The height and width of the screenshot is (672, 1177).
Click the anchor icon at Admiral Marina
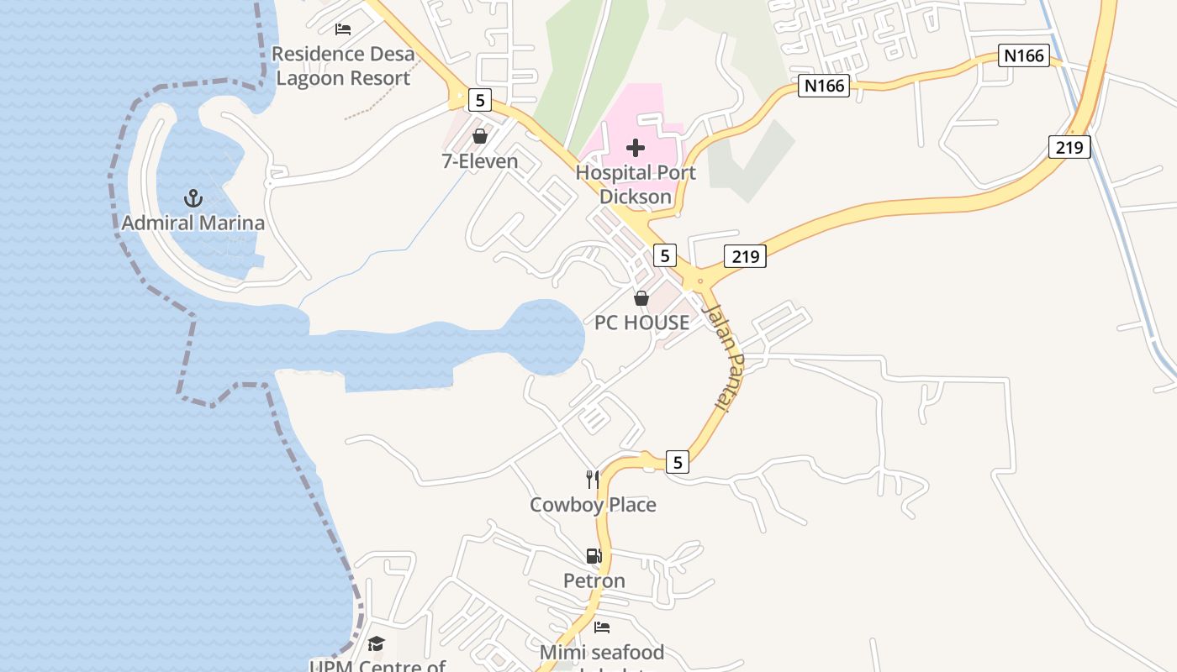(193, 198)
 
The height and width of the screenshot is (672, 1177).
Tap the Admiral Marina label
(193, 223)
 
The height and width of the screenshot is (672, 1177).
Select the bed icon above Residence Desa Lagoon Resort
(343, 29)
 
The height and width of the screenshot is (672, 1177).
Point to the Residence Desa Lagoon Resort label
(343, 66)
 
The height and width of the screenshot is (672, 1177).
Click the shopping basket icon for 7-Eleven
(480, 136)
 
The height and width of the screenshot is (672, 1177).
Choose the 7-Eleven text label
(480, 160)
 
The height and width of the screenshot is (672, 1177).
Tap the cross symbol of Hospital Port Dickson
(636, 149)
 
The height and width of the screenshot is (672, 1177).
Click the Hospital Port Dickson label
(636, 185)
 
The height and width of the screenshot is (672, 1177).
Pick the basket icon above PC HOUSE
(641, 298)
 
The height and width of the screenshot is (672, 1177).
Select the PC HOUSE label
(641, 323)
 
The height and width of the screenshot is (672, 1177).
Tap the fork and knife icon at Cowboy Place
(594, 480)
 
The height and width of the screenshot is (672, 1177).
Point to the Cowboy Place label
(593, 504)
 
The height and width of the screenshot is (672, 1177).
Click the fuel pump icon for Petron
(594, 556)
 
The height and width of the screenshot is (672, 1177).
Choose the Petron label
(594, 580)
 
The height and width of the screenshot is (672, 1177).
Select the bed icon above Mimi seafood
(602, 627)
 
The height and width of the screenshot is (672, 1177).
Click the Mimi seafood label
(602, 652)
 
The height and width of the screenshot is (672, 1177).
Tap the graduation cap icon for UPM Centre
(376, 644)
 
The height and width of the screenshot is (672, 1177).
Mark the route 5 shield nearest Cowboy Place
(678, 461)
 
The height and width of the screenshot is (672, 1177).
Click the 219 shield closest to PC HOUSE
(745, 256)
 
